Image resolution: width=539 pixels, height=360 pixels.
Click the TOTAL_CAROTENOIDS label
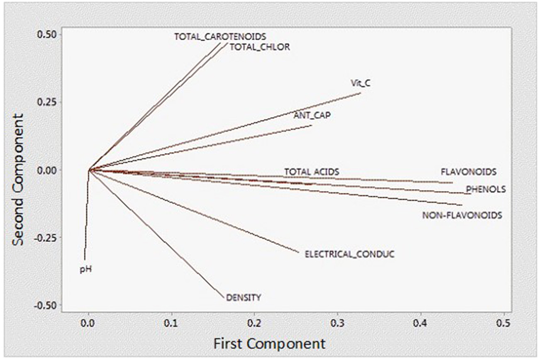click(x=220, y=36)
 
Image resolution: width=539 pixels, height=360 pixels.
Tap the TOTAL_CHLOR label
click(x=260, y=47)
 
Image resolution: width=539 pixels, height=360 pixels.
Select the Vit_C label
click(x=361, y=83)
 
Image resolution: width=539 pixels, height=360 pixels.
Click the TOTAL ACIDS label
click(x=312, y=171)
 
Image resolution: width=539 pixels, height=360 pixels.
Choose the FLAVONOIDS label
click(x=468, y=171)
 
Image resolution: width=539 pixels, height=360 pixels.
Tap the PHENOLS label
click(x=486, y=189)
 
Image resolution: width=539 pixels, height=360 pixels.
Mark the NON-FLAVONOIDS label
click(x=462, y=215)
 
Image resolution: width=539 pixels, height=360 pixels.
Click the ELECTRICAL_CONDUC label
click(x=349, y=254)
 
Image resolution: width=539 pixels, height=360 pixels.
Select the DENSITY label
click(x=244, y=297)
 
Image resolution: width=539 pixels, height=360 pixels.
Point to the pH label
click(x=85, y=270)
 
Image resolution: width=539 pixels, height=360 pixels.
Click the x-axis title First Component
click(x=269, y=343)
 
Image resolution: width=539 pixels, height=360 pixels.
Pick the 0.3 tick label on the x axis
click(x=337, y=322)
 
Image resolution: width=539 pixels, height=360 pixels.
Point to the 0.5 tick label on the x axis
click(x=504, y=322)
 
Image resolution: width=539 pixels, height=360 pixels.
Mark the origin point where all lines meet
click(x=89, y=170)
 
